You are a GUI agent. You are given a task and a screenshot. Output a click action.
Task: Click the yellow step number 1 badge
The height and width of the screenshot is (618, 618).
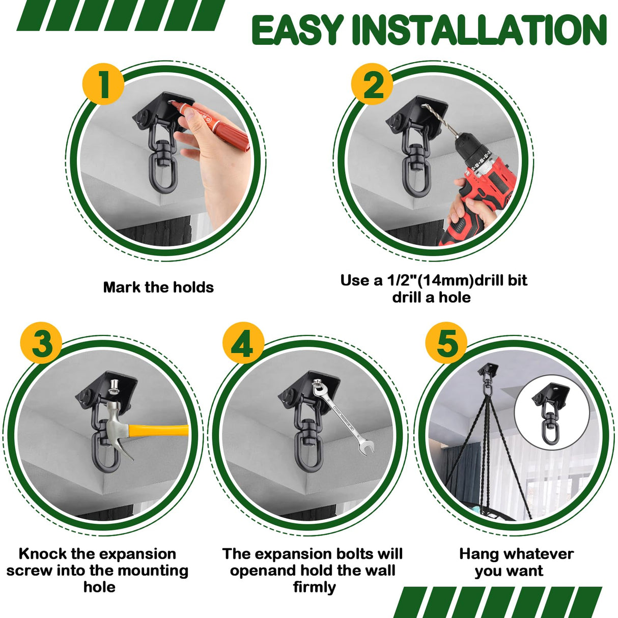[x=103, y=84]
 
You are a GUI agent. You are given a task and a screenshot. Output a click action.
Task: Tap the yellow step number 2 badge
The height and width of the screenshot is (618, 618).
[x=372, y=84]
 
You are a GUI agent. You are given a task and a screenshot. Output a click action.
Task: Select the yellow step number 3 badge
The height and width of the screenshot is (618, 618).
[x=41, y=343]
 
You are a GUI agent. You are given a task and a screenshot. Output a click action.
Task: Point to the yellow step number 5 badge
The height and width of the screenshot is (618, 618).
[x=446, y=343]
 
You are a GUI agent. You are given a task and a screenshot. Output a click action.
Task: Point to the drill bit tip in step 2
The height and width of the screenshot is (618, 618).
[x=424, y=107]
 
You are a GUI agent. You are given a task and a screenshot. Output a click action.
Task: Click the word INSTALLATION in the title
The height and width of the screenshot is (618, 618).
[x=479, y=30]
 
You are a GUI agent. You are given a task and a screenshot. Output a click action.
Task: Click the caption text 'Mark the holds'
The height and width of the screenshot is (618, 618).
[x=158, y=287]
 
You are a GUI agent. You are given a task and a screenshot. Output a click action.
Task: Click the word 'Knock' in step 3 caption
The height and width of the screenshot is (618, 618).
[x=42, y=553]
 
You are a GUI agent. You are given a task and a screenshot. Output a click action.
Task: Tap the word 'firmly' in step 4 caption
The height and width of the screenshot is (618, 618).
[x=314, y=587]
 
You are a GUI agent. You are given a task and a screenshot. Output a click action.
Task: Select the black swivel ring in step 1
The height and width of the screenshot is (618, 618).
[x=163, y=171]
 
